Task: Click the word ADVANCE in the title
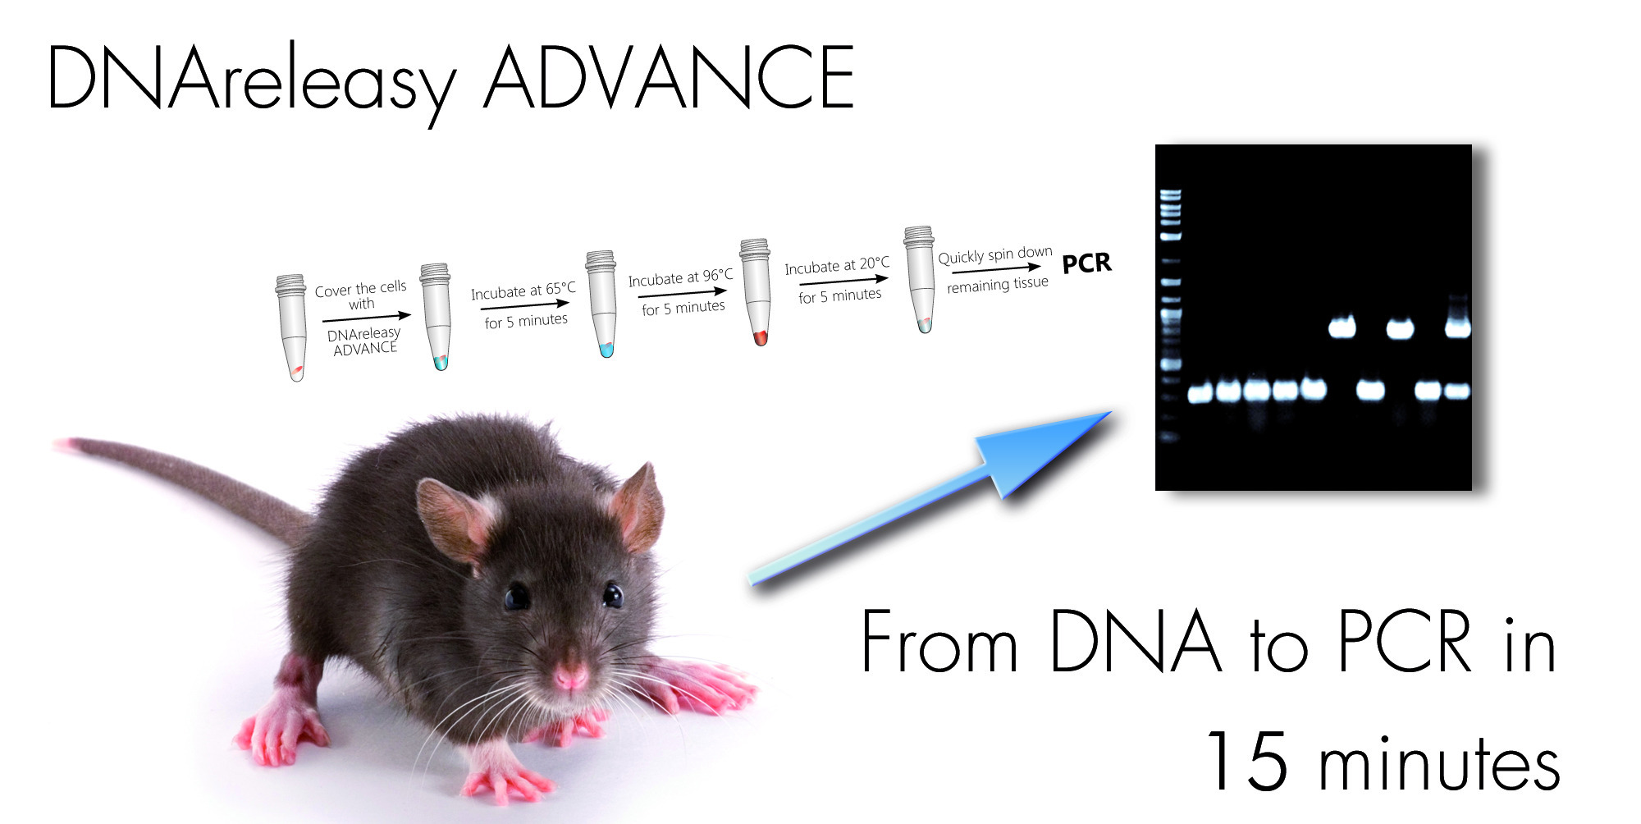[x=670, y=77]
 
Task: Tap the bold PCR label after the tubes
[x=1086, y=263]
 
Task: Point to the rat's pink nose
[x=569, y=676]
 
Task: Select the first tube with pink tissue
[x=292, y=327]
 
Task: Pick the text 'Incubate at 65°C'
[x=523, y=291]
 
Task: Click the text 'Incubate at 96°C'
[x=680, y=278]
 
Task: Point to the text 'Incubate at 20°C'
[x=837, y=266]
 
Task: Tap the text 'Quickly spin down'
[x=995, y=255]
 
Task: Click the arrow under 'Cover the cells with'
[x=367, y=317]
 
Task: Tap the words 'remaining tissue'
[x=998, y=284]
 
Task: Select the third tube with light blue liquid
[x=603, y=304]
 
